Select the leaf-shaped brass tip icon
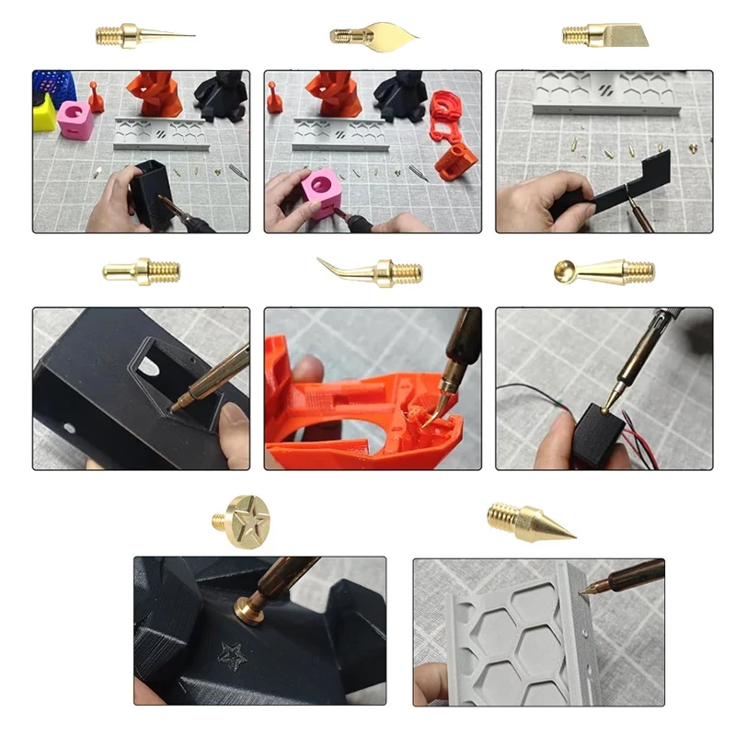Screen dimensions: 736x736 tap(373, 36)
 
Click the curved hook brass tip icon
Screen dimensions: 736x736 tap(373, 270)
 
